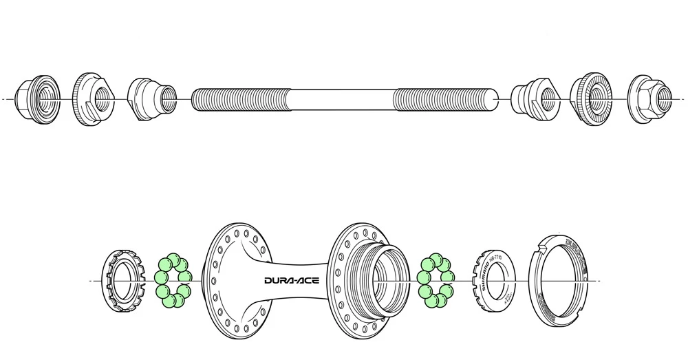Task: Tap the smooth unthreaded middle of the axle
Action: pyautogui.click(x=344, y=100)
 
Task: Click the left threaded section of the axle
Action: pyautogui.click(x=241, y=100)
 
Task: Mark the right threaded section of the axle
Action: pyautogui.click(x=444, y=100)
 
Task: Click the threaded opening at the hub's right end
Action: pyautogui.click(x=385, y=279)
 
